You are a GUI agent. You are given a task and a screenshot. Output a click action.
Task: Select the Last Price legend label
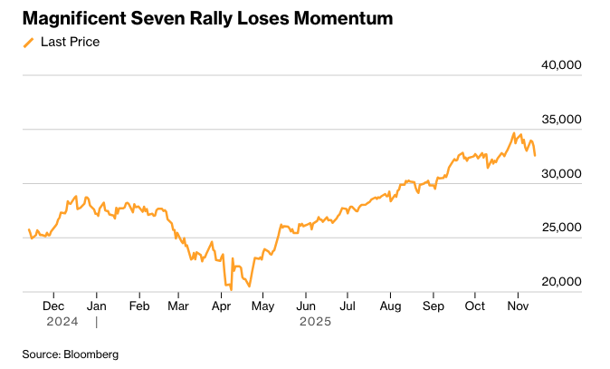click(70, 42)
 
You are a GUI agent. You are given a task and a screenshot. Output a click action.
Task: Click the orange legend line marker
click(29, 42)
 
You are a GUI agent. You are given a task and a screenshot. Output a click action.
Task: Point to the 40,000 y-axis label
click(561, 64)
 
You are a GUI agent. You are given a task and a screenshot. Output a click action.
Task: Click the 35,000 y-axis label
click(561, 119)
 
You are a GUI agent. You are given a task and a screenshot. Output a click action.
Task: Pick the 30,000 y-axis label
click(561, 173)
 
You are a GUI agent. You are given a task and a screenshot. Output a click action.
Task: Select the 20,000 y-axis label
click(561, 282)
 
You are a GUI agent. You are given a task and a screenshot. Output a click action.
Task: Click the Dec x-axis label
click(54, 306)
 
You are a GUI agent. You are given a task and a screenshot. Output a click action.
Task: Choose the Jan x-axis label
click(96, 306)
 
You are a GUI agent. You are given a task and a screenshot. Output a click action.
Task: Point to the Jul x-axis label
click(347, 306)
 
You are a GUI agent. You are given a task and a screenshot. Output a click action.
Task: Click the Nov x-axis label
click(517, 306)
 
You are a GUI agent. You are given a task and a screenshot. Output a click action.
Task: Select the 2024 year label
click(62, 321)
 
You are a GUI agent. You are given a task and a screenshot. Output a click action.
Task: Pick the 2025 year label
click(316, 321)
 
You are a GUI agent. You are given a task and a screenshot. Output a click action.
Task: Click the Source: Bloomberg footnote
click(71, 354)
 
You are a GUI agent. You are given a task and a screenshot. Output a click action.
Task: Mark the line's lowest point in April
click(231, 289)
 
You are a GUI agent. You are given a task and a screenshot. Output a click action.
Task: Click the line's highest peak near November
click(514, 133)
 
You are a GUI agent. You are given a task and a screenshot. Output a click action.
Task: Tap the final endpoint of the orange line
click(535, 156)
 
